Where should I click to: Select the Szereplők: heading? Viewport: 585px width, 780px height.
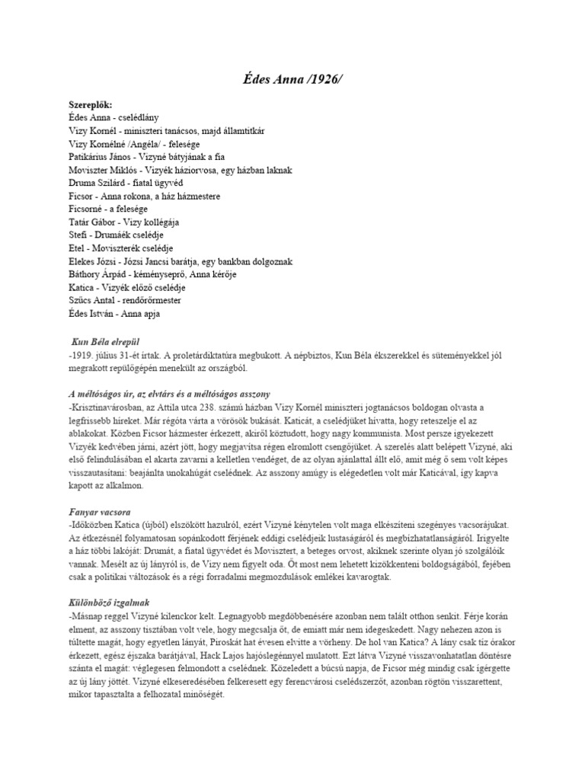tap(91, 104)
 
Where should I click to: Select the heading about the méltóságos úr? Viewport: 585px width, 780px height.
tap(168, 393)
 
